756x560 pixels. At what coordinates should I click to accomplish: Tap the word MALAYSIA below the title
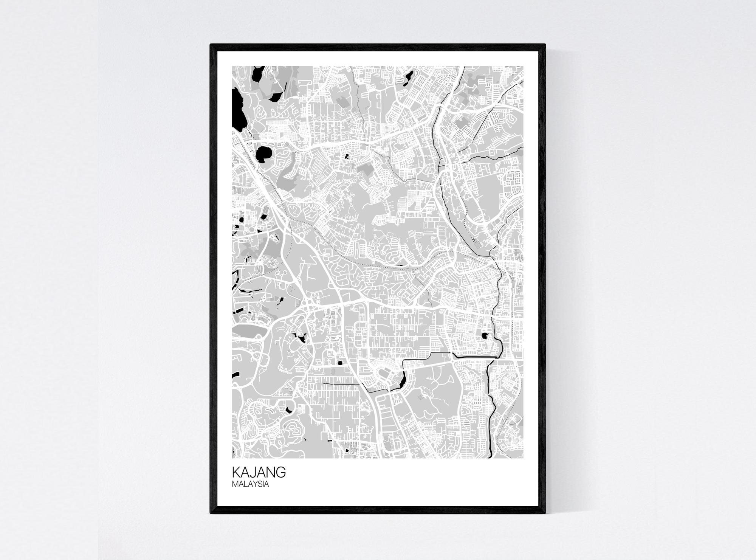(x=250, y=484)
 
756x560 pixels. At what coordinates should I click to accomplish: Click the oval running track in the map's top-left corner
(x=237, y=74)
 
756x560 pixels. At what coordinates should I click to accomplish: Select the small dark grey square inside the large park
(x=420, y=397)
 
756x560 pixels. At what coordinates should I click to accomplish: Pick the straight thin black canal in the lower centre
(x=340, y=384)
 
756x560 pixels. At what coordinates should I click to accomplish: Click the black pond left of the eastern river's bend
(x=484, y=335)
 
